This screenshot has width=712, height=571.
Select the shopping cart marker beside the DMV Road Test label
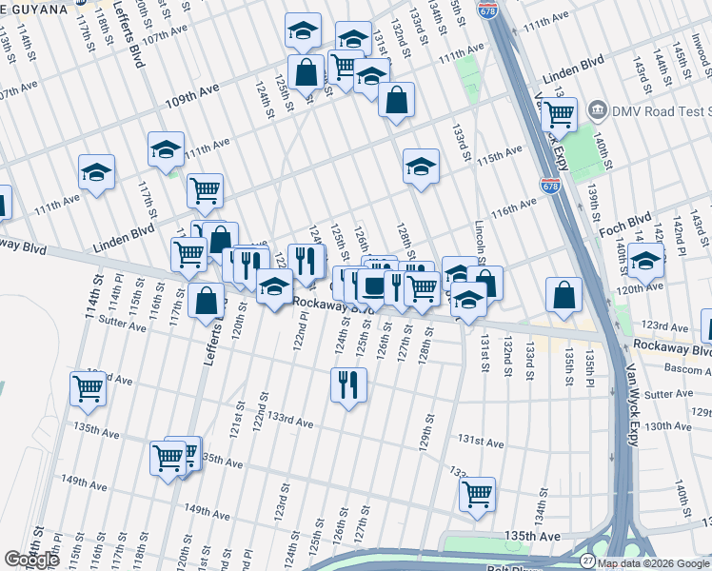(559, 114)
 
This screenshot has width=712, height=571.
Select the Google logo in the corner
(31, 560)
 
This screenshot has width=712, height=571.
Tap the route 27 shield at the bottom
(588, 561)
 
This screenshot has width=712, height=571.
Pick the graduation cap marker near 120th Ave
(645, 261)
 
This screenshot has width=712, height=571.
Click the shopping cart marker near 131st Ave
(477, 494)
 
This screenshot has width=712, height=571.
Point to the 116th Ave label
(515, 207)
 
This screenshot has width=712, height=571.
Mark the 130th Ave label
(668, 426)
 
